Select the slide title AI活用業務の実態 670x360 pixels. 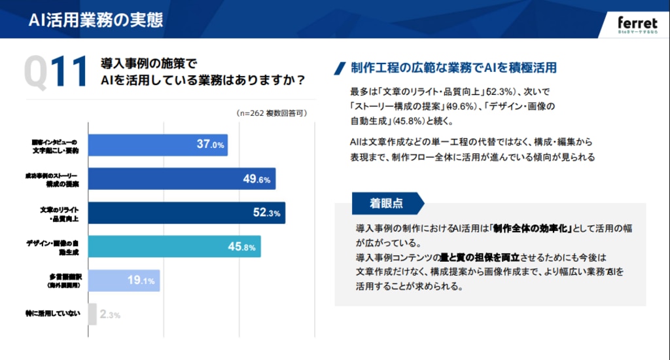[96, 20]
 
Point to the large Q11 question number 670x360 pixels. [55, 72]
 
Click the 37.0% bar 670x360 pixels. [157, 145]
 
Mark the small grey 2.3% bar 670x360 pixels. [92, 314]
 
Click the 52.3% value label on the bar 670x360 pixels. [266, 213]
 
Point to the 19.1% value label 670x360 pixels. [141, 281]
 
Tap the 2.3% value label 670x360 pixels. [110, 315]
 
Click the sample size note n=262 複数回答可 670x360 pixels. [271, 113]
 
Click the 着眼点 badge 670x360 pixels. [386, 204]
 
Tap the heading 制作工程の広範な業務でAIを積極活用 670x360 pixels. [453, 67]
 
